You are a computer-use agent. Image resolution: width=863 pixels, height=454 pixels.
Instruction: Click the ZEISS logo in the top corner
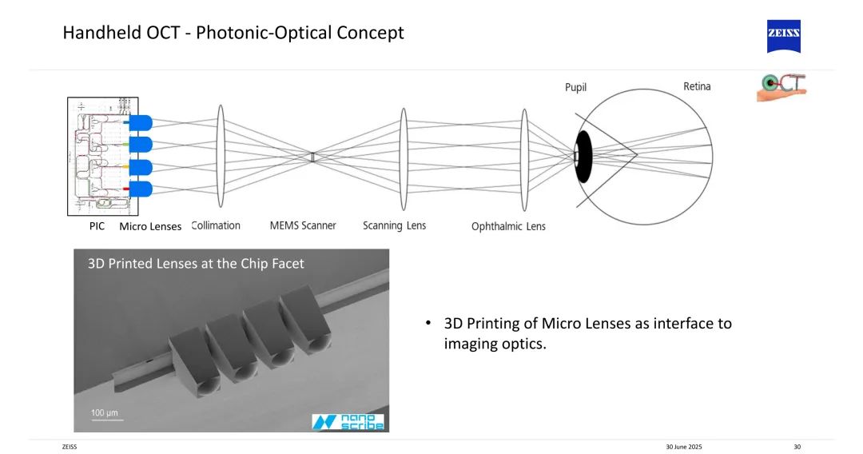(783, 37)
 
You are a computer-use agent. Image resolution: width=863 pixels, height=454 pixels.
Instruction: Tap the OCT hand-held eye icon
(781, 87)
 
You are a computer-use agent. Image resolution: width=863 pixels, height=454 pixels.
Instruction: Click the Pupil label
(575, 88)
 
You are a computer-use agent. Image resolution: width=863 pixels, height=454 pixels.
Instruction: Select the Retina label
(697, 86)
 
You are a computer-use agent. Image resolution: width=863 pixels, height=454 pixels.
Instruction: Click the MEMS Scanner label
(303, 225)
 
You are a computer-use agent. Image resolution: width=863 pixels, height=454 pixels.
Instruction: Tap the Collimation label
(216, 225)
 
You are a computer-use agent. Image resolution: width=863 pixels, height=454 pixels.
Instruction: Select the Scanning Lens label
(394, 225)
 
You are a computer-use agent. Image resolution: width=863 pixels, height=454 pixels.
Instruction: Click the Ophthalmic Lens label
(508, 226)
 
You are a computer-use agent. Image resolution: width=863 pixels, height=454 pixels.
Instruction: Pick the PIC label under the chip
(97, 226)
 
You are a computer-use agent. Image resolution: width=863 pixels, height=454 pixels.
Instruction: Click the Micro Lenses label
(150, 226)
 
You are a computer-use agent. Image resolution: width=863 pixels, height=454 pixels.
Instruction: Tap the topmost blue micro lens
(141, 123)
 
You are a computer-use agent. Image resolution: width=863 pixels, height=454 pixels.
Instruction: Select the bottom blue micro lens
(141, 189)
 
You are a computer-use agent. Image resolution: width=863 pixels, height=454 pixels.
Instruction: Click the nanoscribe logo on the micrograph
(348, 421)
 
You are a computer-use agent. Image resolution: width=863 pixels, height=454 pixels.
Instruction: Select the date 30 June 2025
(683, 447)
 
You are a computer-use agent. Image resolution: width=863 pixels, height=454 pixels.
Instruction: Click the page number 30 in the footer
(797, 447)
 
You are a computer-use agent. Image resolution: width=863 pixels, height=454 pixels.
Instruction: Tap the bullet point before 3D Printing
(428, 324)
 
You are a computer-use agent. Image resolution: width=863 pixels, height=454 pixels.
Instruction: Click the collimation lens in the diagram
(217, 156)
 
